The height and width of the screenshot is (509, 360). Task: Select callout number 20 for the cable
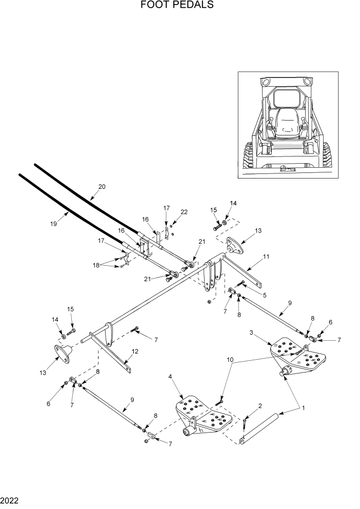click(102, 187)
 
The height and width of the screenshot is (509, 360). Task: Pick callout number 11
click(266, 256)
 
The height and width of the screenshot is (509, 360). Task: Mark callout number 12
click(135, 351)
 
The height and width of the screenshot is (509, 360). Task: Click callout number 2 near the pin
click(260, 406)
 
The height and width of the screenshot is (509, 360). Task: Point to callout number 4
click(170, 377)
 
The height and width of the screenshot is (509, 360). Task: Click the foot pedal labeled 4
click(203, 417)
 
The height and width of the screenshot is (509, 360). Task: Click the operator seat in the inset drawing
click(286, 122)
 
